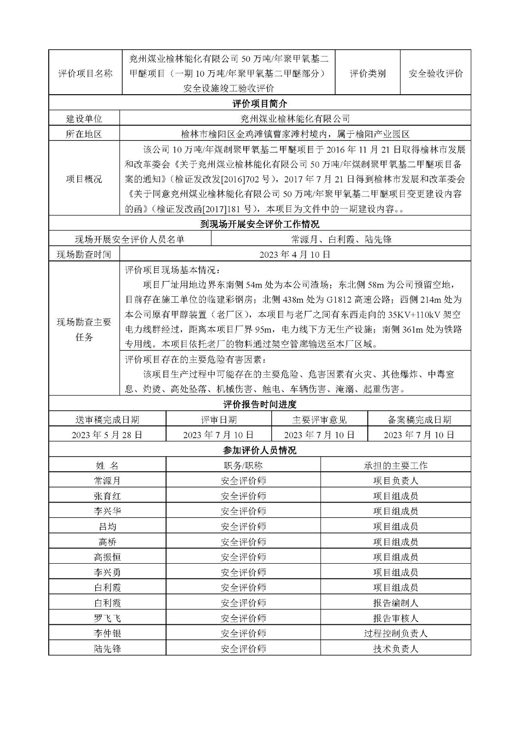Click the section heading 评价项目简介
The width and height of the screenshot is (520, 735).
(260, 103)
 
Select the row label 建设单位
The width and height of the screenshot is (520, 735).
(84, 119)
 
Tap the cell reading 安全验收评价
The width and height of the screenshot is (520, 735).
(435, 73)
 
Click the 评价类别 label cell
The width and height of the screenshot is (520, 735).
(367, 73)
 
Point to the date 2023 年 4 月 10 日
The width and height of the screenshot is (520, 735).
(295, 254)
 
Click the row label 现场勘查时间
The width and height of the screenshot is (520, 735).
(84, 254)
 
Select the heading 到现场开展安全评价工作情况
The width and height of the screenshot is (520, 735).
(260, 224)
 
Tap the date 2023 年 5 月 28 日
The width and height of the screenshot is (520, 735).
(107, 435)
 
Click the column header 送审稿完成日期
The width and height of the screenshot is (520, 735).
(107, 419)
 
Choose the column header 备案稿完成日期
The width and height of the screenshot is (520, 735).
(419, 419)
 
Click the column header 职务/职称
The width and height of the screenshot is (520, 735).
(243, 465)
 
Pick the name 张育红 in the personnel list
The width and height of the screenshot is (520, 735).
(107, 496)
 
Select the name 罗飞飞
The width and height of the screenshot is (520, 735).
(107, 618)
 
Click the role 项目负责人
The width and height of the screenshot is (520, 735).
(395, 481)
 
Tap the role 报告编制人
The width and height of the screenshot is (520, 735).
(395, 603)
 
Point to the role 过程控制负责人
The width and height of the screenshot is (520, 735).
(395, 633)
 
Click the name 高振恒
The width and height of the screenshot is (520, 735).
(107, 557)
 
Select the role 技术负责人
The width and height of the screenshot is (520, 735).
(395, 649)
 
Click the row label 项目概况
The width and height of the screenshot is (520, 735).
(84, 179)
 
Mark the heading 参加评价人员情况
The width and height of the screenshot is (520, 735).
(260, 450)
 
